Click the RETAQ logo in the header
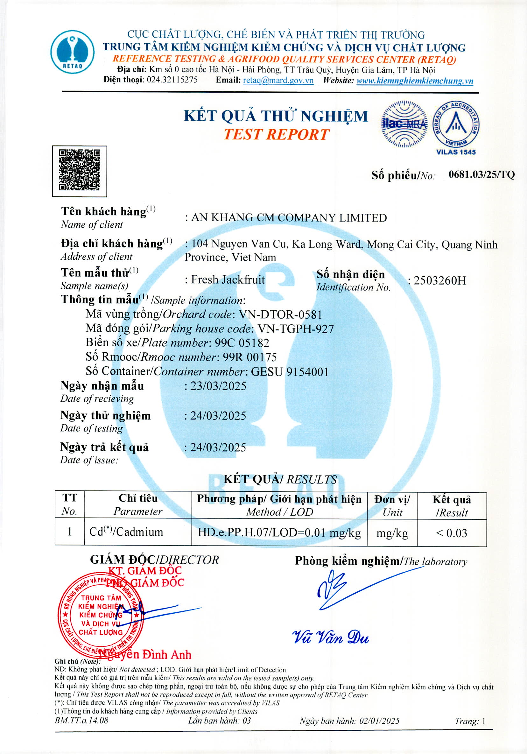pyautogui.click(x=72, y=52)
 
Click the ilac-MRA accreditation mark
pyautogui.click(x=404, y=124)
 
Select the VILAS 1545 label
pyautogui.click(x=455, y=152)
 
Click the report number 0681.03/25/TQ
pyautogui.click(x=481, y=174)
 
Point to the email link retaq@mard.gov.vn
pyautogui.click(x=278, y=81)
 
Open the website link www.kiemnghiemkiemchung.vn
pyautogui.click(x=415, y=81)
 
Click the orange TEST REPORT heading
pyautogui.click(x=276, y=134)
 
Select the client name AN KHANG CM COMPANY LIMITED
pyautogui.click(x=289, y=218)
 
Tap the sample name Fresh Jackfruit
pyautogui.click(x=228, y=279)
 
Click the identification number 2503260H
pyautogui.click(x=439, y=280)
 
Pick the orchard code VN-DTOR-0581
pyautogui.click(x=280, y=314)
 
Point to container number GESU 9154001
pyautogui.click(x=290, y=372)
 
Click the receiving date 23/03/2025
pyautogui.click(x=218, y=386)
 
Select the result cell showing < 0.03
pyautogui.click(x=452, y=533)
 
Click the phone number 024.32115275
pyautogui.click(x=172, y=80)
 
